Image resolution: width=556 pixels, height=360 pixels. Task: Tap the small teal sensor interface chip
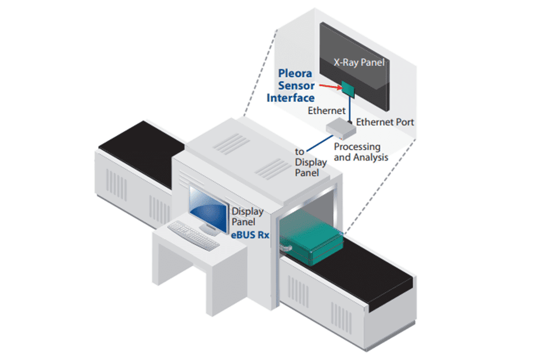click(x=349, y=87)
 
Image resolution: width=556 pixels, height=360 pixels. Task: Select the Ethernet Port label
click(x=385, y=122)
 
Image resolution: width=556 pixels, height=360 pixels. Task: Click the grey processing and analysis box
click(x=340, y=129)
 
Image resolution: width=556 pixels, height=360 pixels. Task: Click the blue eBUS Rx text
click(x=250, y=234)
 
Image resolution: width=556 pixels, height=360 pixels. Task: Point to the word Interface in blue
click(x=291, y=98)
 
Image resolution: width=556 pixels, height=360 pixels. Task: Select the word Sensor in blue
click(x=296, y=86)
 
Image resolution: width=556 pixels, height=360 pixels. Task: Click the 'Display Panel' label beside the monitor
click(x=247, y=217)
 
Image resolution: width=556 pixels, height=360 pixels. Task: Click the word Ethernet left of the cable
click(x=326, y=111)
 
